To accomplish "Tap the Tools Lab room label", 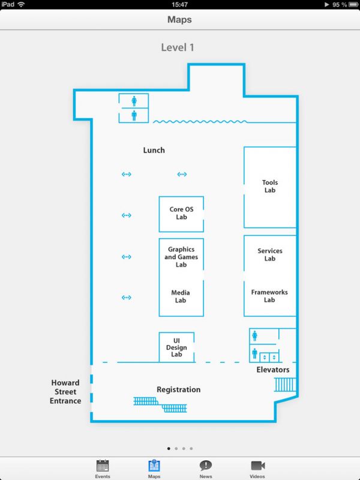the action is tap(269, 186).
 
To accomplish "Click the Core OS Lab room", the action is tap(181, 214).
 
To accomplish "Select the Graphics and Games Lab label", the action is tap(181, 257).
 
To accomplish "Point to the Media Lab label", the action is tap(181, 296).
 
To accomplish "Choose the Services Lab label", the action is tap(269, 254).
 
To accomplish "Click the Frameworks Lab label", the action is tap(269, 296).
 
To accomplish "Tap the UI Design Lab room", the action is tap(176, 347).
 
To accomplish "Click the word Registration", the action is tap(178, 389).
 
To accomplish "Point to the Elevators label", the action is tap(273, 370).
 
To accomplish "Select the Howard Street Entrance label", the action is tap(65, 392).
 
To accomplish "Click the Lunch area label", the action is tap(154, 150).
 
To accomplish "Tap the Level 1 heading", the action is tap(178, 47).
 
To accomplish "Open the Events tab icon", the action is tap(103, 466).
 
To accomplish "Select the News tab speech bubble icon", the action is tap(206, 466).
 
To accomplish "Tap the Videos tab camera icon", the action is tap(258, 466).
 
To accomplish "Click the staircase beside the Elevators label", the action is tap(285, 385).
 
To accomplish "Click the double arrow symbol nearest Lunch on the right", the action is tap(182, 174).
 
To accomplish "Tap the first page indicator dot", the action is tap(169, 448).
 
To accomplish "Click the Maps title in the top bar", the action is tap(179, 20).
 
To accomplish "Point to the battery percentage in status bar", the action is tap(340, 5).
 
